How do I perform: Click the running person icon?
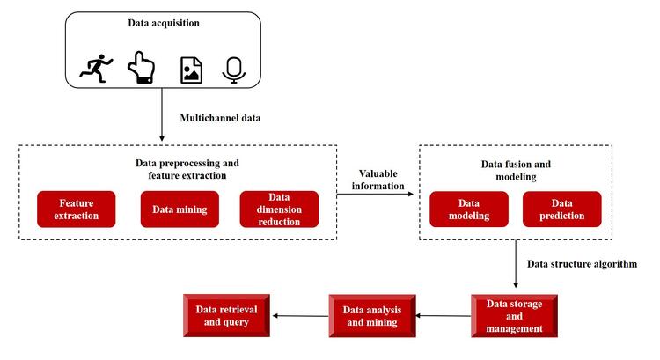[x=97, y=68]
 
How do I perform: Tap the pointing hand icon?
[x=141, y=68]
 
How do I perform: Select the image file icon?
[x=191, y=70]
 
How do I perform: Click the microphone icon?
[x=234, y=70]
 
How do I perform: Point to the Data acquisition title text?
[x=164, y=23]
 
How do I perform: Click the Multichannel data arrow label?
[x=220, y=118]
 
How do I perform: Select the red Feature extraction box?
[x=77, y=209]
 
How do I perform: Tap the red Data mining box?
[x=180, y=209]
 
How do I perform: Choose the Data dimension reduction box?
[x=279, y=209]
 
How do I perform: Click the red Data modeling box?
[x=469, y=209]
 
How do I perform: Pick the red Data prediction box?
[x=562, y=209]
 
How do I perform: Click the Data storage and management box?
[x=515, y=316]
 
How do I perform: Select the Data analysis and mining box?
[x=372, y=316]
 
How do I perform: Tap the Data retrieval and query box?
[x=226, y=315]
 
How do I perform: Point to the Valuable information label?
[x=378, y=180]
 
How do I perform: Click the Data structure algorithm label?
[x=583, y=264]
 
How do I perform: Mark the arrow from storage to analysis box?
[x=444, y=316]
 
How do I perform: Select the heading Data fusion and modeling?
[x=516, y=170]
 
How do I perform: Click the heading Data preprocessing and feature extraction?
[x=187, y=169]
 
